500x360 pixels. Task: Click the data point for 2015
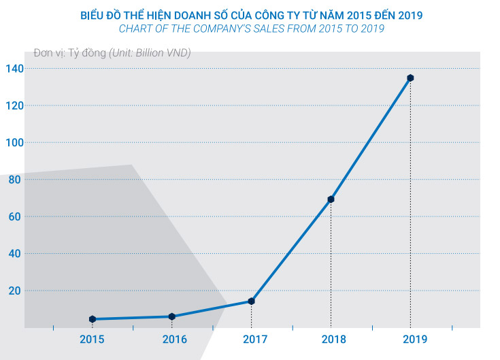[93, 319]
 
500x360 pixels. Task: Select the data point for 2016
[171, 316]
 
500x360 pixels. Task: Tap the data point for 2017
[251, 301]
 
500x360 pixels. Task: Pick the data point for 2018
[331, 199]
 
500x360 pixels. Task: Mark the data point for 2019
[410, 78]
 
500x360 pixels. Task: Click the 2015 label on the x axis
[93, 339]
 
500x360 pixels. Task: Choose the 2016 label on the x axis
[171, 339]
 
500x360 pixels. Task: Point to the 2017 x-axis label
[251, 339]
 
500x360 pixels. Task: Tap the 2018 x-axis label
[331, 339]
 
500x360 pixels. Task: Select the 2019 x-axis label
[410, 339]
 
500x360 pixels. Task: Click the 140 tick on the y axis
[14, 69]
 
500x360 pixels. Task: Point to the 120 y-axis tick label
[14, 105]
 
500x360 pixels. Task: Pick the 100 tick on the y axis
[14, 143]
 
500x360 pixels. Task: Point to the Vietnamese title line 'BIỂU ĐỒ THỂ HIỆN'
[250, 14]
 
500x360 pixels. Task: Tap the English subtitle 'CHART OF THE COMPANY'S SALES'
[250, 29]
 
